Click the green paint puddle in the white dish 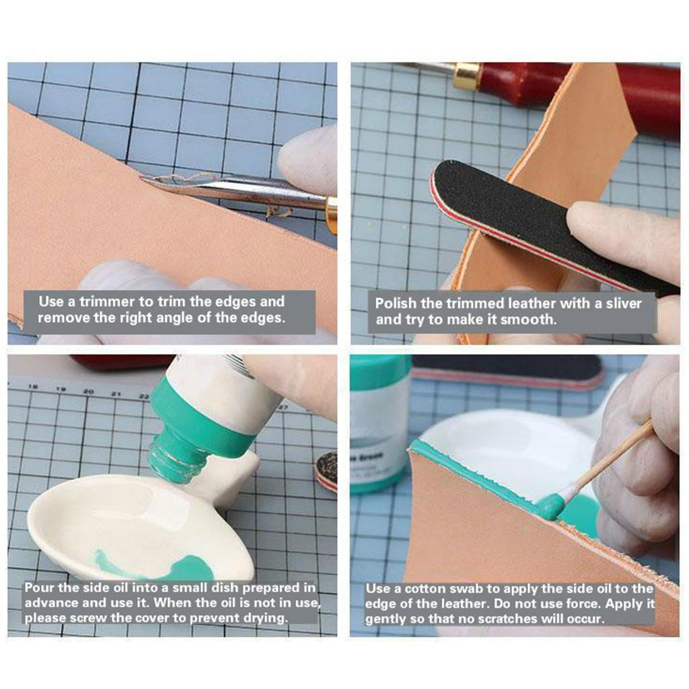[x=184, y=565]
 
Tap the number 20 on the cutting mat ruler [x=89, y=391]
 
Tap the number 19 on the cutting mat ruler [x=61, y=390]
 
